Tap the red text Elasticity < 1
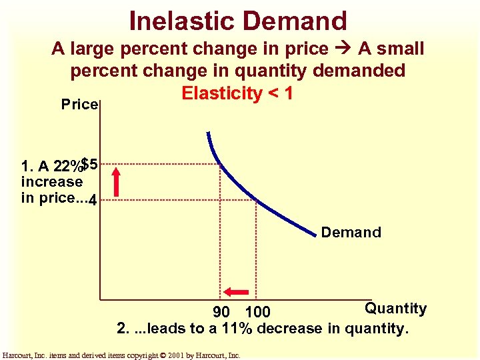pos(237,93)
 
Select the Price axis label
pos(79,105)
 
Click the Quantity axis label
pos(395,308)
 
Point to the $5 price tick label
pos(90,163)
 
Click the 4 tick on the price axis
pos(92,199)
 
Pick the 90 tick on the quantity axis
pos(222,312)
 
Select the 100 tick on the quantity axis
pos(257,312)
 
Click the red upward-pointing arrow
pos(117,182)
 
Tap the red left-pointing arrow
pos(236,291)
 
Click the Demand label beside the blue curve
pos(351,233)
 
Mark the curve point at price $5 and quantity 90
pos(221,163)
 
